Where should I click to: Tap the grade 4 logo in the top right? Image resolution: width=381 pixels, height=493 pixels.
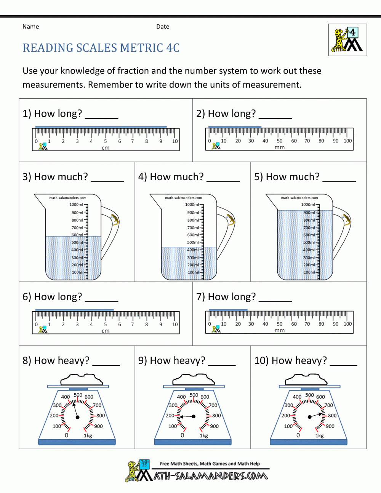click(x=347, y=40)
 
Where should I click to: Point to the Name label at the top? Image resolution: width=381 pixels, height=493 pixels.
click(x=30, y=27)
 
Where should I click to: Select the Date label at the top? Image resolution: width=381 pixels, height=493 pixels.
click(x=163, y=27)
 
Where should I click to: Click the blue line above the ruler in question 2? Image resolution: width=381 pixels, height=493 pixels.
click(x=235, y=126)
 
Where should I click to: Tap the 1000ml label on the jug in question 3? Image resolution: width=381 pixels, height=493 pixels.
click(x=76, y=205)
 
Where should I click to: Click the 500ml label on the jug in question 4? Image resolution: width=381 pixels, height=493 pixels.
click(x=193, y=242)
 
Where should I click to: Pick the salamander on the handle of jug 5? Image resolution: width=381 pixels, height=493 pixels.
click(x=346, y=220)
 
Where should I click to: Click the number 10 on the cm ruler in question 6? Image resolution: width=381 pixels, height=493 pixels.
click(x=175, y=325)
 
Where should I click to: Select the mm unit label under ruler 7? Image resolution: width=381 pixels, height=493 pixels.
click(x=279, y=330)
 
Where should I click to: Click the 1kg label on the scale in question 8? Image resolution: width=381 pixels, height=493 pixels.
click(x=88, y=435)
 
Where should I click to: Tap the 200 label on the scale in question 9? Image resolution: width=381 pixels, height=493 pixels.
click(x=170, y=416)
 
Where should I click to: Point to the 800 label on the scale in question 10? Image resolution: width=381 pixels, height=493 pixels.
click(x=332, y=416)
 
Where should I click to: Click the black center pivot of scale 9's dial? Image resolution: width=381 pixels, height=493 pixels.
click(x=194, y=417)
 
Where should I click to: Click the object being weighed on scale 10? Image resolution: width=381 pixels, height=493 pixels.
click(x=306, y=379)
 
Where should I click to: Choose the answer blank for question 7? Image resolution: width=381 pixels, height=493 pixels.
click(x=275, y=301)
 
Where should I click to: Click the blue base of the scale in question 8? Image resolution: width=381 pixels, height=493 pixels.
click(x=77, y=442)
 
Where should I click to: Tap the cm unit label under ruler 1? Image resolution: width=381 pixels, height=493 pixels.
click(x=106, y=148)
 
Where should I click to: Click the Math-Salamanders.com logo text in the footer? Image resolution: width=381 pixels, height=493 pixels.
click(x=210, y=476)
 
